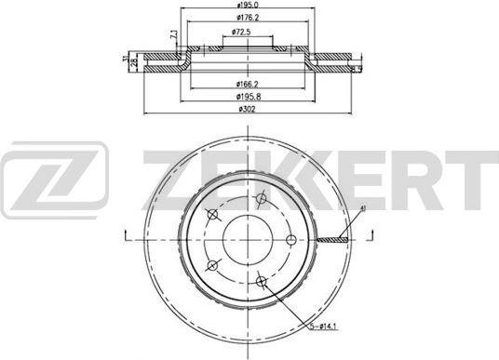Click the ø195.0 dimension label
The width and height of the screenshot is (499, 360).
(x=247, y=7)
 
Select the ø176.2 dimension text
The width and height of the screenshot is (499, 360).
(x=247, y=19)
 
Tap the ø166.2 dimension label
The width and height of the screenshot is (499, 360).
(x=247, y=84)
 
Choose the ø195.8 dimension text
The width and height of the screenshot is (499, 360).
(x=247, y=96)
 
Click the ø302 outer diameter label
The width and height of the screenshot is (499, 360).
(x=247, y=109)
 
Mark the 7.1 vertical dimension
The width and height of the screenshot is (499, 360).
(x=173, y=37)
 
